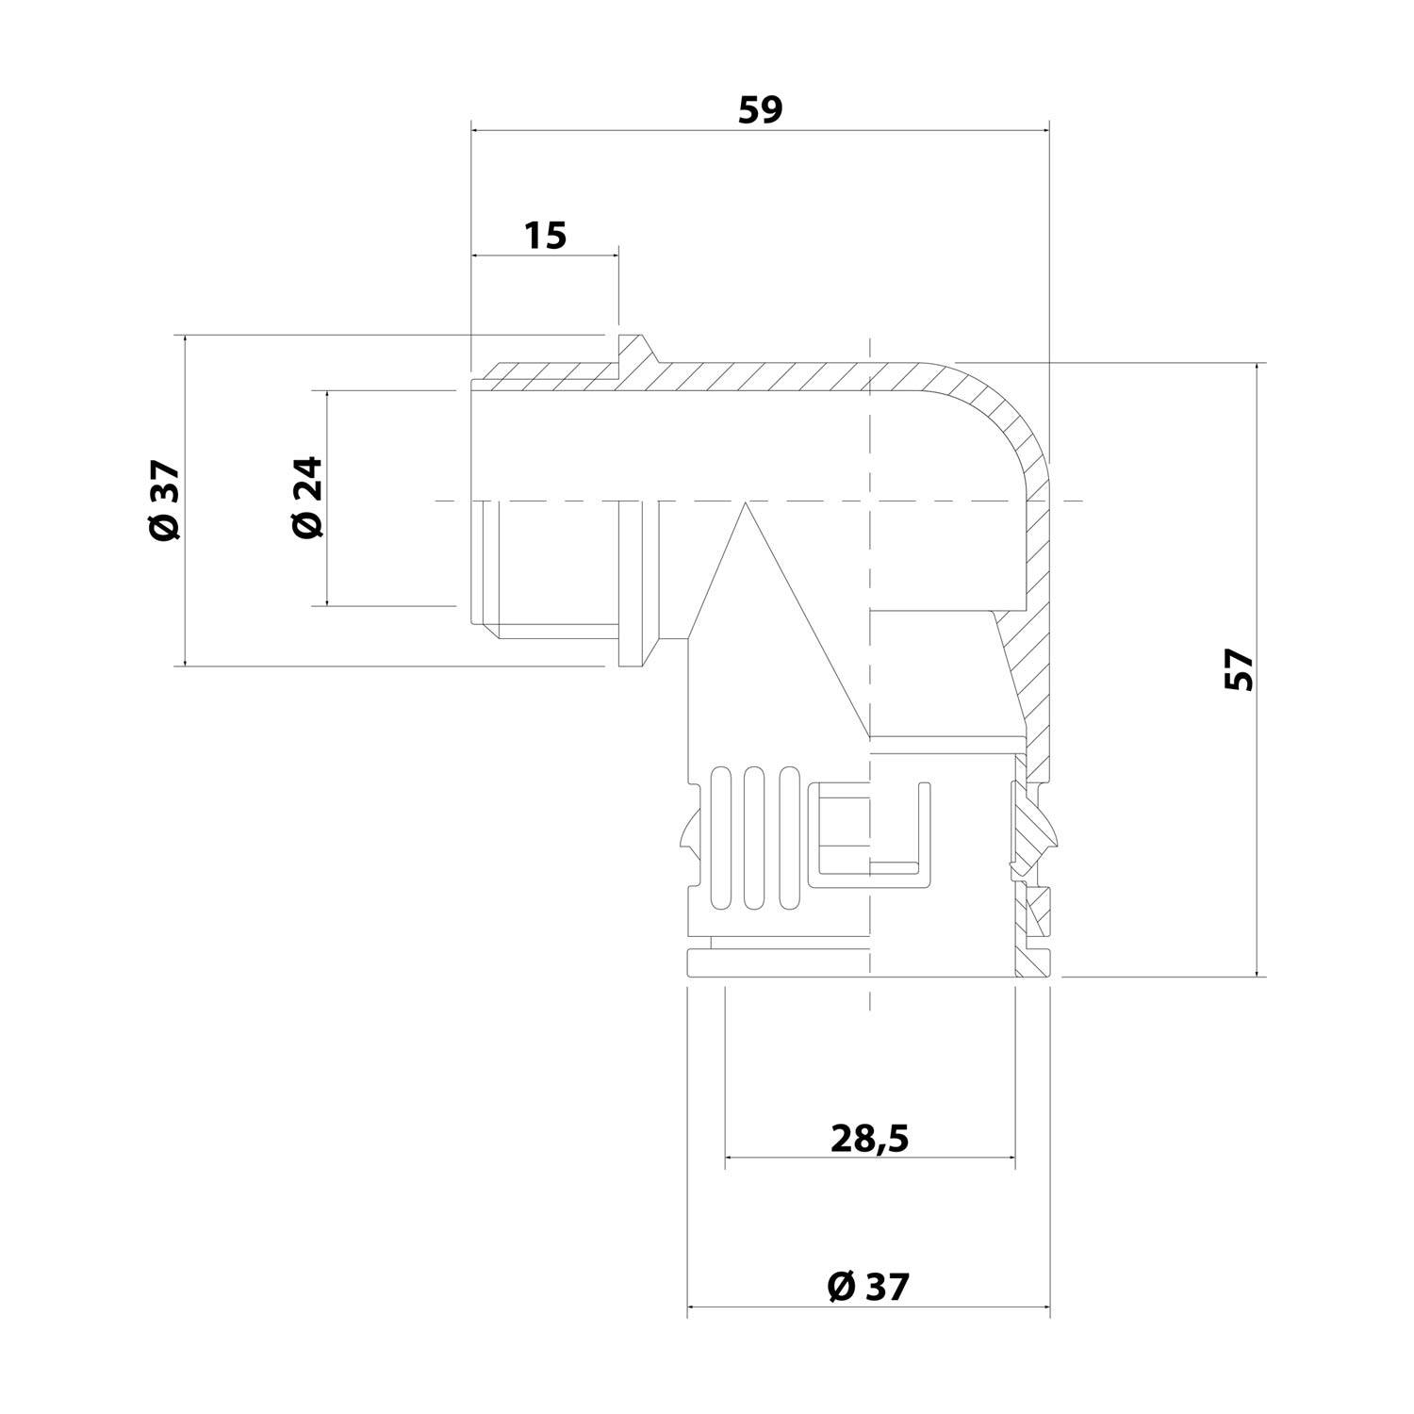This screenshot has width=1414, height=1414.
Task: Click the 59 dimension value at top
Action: click(760, 110)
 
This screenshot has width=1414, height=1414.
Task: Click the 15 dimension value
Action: click(546, 235)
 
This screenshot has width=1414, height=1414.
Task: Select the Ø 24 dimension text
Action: click(307, 498)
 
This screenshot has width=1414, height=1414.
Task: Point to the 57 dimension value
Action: click(1241, 670)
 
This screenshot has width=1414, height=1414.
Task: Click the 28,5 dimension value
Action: click(869, 1139)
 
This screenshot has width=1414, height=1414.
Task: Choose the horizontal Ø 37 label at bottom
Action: click(869, 1286)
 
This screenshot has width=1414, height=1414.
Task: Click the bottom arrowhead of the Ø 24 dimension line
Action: click(327, 600)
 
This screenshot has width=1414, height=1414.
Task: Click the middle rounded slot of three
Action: click(752, 838)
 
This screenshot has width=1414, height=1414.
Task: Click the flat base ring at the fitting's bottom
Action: click(848, 964)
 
